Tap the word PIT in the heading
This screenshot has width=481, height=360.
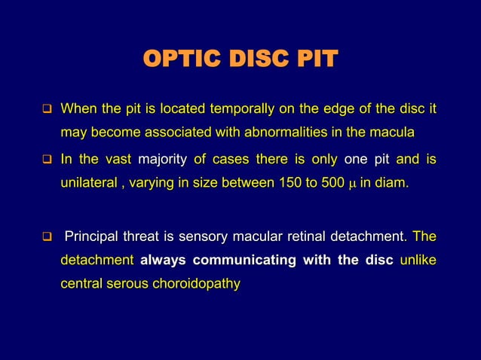314,59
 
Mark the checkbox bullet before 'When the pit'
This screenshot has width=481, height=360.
46,113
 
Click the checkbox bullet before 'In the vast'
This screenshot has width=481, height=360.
46,161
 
